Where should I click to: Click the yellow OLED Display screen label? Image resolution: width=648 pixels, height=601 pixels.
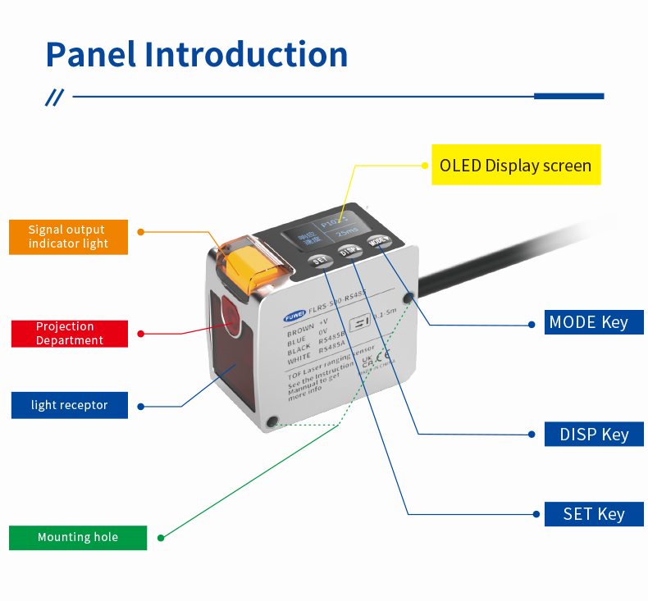click(515, 165)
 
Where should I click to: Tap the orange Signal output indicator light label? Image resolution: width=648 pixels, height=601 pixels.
click(69, 237)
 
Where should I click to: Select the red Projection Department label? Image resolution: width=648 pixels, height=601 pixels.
click(70, 333)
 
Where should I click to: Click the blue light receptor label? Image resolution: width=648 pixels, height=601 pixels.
click(70, 405)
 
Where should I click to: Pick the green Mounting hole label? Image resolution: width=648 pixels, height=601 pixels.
click(78, 537)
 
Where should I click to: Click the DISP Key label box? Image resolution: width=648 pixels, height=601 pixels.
click(594, 434)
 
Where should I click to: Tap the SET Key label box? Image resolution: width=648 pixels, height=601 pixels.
click(594, 514)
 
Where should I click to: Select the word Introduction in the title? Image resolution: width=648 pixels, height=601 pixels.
click(247, 54)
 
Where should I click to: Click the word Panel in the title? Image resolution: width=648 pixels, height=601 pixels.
click(91, 54)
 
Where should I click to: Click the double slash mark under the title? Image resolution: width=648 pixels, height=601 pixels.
click(54, 98)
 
